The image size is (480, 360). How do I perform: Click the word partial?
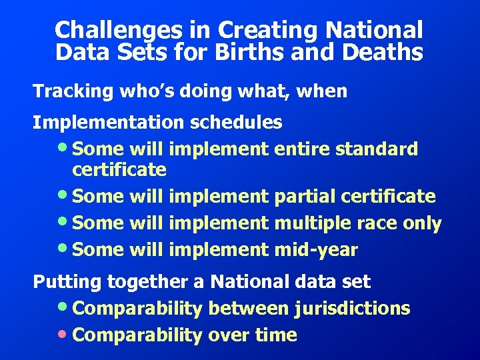304,197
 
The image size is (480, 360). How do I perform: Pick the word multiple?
311,223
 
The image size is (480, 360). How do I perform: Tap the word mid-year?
316,250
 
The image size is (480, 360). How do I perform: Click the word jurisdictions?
354,309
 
